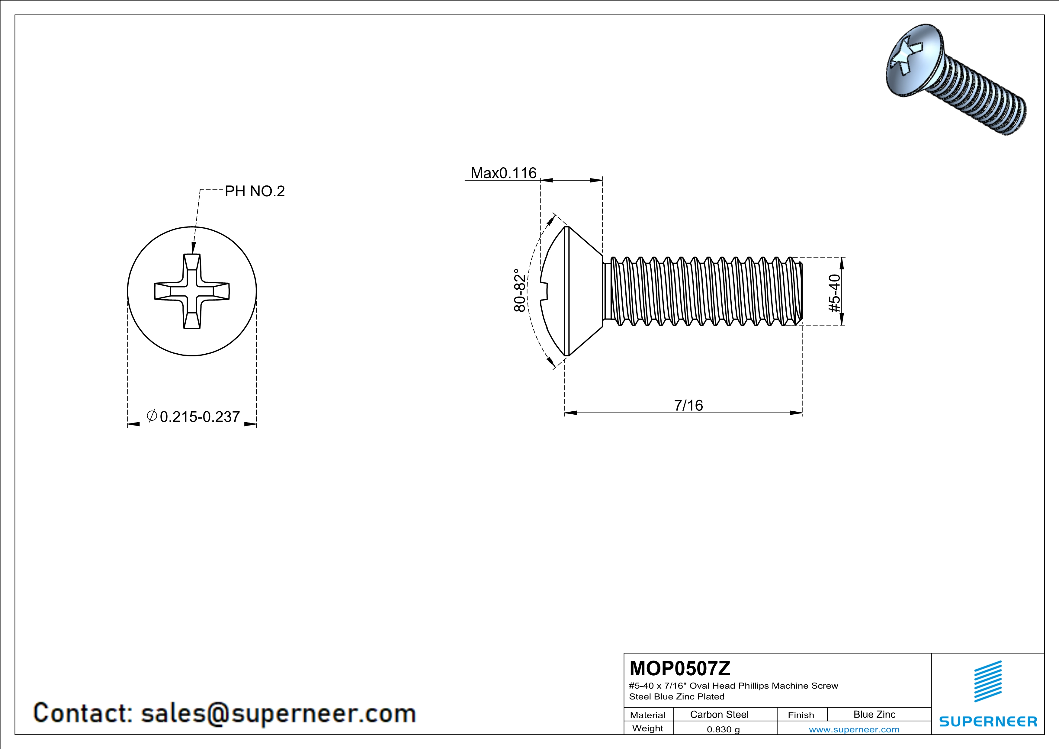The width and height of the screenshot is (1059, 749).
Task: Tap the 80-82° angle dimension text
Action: pyautogui.click(x=520, y=291)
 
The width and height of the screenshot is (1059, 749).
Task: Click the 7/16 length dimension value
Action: pyautogui.click(x=688, y=405)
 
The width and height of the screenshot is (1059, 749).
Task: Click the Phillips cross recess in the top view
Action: pyautogui.click(x=192, y=291)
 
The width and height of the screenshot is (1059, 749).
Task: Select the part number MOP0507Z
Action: pyautogui.click(x=679, y=668)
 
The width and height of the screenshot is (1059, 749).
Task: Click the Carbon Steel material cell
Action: pyautogui.click(x=719, y=714)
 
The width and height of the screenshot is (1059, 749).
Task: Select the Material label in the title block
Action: pyautogui.click(x=648, y=715)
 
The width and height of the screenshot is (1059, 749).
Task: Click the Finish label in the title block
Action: pyautogui.click(x=801, y=715)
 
